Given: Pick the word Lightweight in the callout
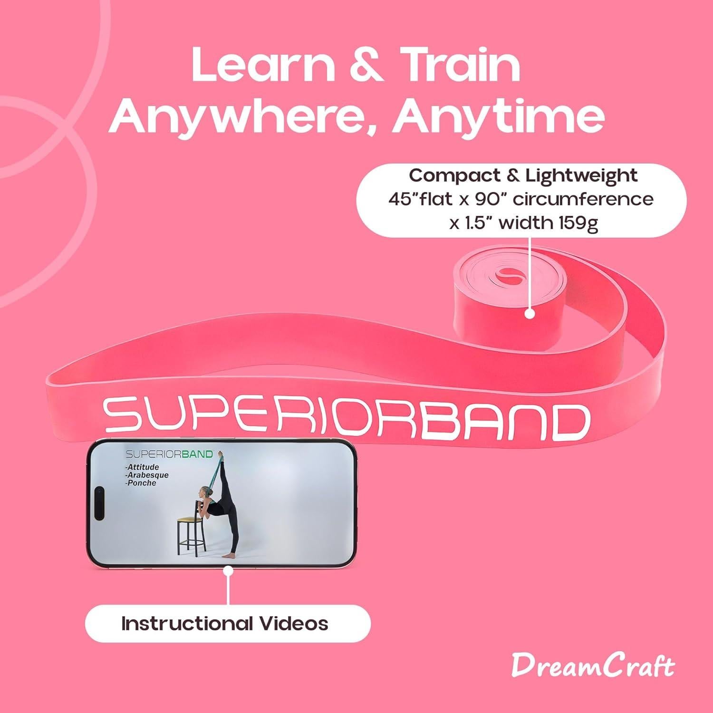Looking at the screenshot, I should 581,175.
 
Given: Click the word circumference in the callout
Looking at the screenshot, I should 583,199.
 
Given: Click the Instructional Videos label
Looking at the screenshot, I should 225,623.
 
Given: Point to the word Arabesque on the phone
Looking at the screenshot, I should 147,475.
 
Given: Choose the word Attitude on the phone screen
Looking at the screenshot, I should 142,467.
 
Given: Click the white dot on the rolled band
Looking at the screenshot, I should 530,314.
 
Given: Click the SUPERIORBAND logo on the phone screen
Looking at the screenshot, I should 169,454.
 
